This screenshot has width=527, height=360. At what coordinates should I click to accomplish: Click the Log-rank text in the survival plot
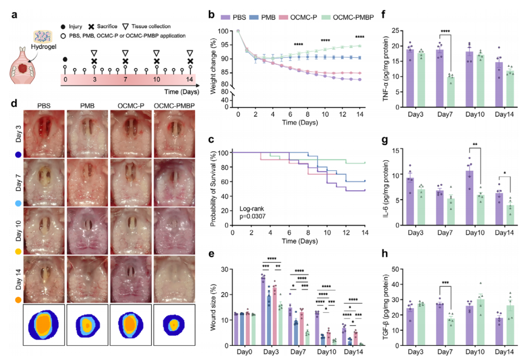252,208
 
